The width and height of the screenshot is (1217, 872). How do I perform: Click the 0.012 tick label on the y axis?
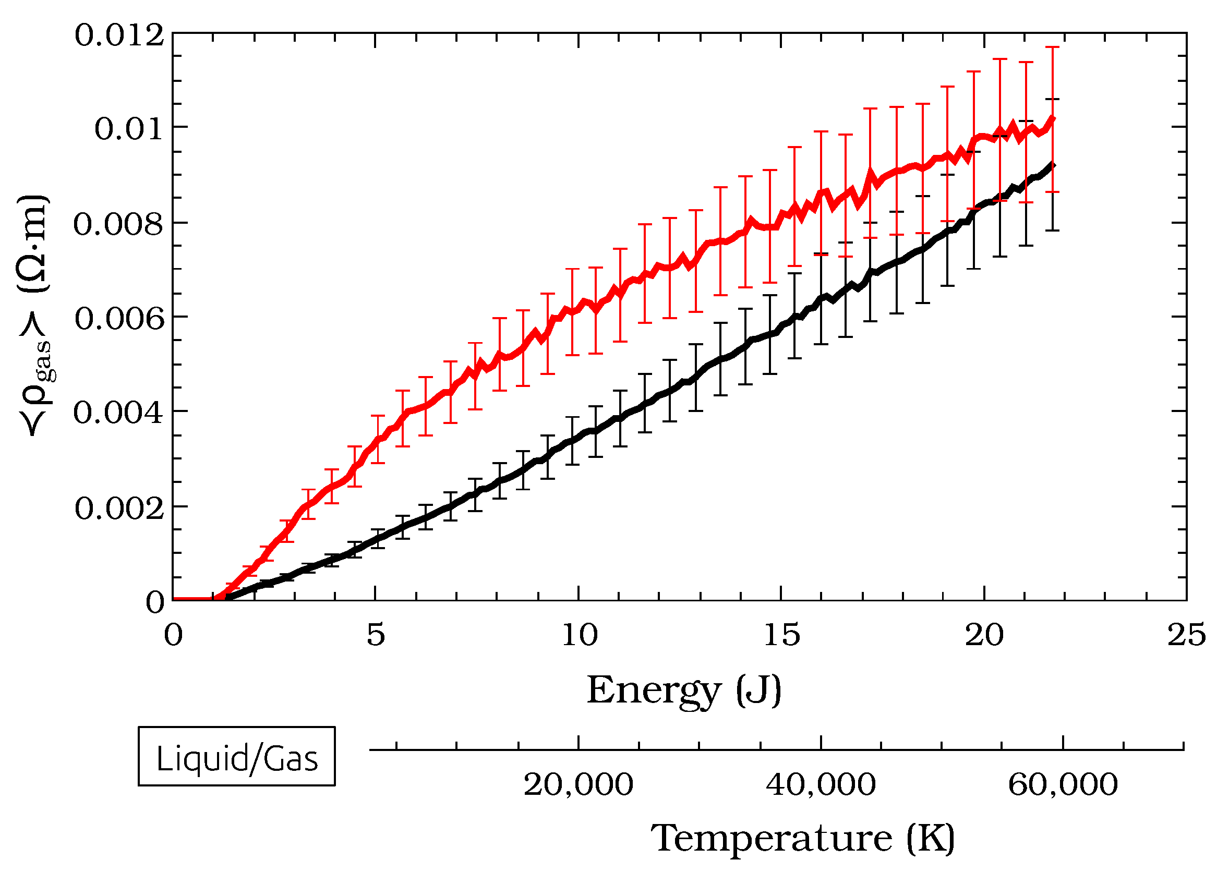click(x=119, y=37)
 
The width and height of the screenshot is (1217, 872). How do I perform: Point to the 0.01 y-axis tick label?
click(x=129, y=129)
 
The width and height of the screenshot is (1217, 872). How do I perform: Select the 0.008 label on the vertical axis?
click(x=118, y=224)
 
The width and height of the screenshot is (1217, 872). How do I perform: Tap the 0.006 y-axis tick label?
click(x=119, y=319)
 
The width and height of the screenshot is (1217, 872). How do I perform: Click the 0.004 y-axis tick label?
click(x=118, y=414)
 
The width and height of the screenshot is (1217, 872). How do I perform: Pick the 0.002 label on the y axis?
click(x=119, y=508)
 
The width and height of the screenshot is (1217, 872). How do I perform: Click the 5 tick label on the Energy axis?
click(x=376, y=635)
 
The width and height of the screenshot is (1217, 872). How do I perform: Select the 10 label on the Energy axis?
click(x=579, y=635)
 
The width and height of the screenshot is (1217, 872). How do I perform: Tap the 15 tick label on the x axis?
click(x=781, y=635)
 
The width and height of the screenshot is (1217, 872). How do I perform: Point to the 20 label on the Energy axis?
click(x=984, y=635)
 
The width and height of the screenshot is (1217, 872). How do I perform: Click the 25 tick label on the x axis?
click(x=1186, y=635)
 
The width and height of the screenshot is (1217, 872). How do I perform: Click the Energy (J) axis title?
click(x=684, y=691)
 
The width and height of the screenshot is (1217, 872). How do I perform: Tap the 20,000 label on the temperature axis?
click(x=579, y=785)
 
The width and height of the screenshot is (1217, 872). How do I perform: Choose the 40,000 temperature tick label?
click(x=821, y=785)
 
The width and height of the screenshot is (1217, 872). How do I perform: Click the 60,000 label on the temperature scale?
click(x=1063, y=785)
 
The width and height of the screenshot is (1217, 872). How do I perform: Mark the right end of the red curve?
click(x=1053, y=118)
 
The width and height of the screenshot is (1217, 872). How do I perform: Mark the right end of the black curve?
click(x=1053, y=165)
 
